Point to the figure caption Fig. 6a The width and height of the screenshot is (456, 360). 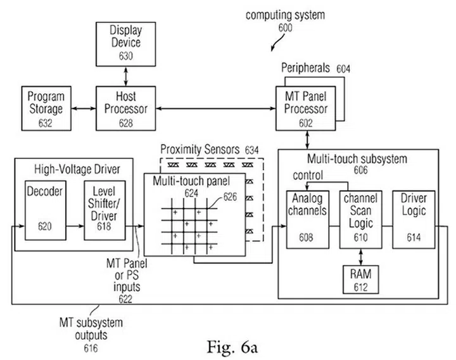231,347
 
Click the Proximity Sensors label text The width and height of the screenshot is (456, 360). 199,149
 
